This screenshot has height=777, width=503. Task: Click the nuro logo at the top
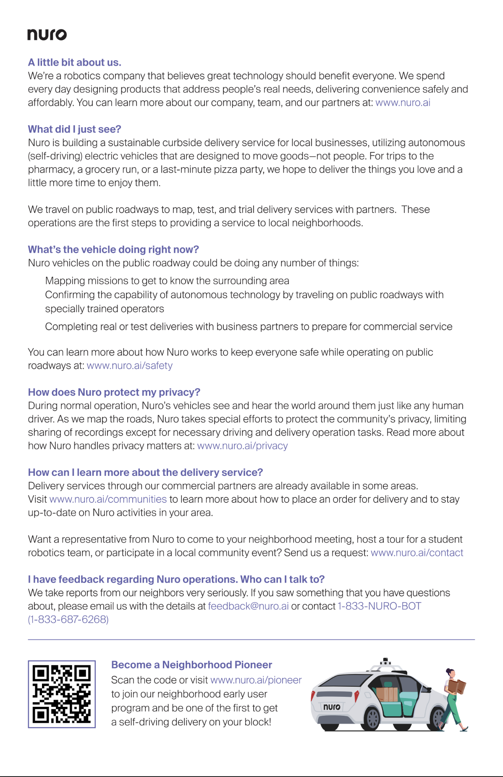[x=47, y=34]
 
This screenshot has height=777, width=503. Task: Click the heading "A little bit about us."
[x=74, y=63]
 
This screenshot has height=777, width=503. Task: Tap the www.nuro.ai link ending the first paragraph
[x=403, y=103]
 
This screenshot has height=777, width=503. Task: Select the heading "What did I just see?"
[x=74, y=129]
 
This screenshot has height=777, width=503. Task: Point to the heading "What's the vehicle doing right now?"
[x=113, y=249]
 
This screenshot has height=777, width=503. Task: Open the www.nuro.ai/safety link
[x=129, y=366]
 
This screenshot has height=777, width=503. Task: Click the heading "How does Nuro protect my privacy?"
[x=114, y=392]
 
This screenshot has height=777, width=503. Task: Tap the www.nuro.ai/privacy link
[x=242, y=446]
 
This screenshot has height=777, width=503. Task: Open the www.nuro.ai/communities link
[x=108, y=499]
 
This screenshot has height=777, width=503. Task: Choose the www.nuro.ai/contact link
[x=417, y=553]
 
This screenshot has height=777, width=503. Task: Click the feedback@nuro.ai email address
[x=248, y=606]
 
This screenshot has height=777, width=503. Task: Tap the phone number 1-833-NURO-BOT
[x=379, y=606]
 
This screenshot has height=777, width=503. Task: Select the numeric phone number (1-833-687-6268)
[x=68, y=619]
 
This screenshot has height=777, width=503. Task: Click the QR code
[x=62, y=694]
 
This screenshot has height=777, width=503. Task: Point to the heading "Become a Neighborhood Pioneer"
[x=191, y=665]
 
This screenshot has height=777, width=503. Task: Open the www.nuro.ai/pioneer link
[x=256, y=680]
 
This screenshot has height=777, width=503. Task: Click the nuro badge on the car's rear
[x=332, y=707]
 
